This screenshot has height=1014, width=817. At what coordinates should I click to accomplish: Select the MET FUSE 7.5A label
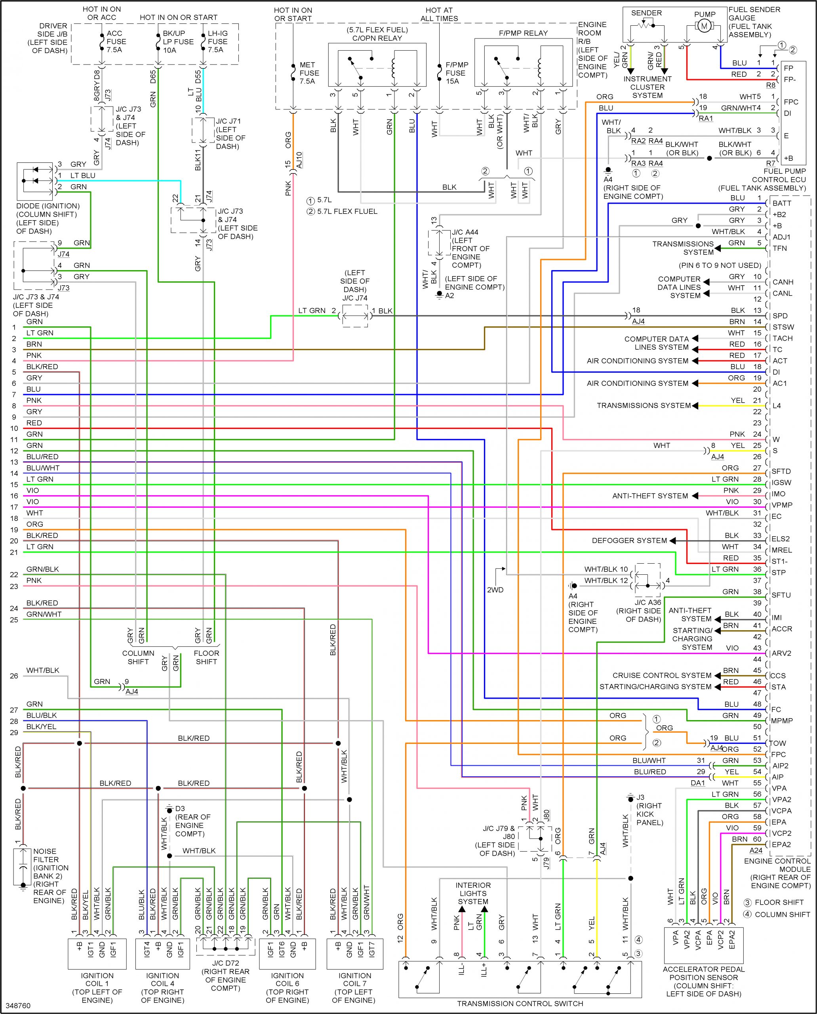[x=309, y=73]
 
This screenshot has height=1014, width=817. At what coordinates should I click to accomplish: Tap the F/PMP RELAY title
[x=523, y=33]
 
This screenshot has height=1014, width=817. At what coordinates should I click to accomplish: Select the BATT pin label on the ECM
[x=781, y=203]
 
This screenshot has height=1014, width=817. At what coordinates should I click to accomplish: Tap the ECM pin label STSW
[x=783, y=327]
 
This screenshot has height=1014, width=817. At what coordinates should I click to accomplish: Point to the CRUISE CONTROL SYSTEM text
[x=662, y=675]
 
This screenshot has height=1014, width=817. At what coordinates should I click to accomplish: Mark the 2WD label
[x=495, y=590]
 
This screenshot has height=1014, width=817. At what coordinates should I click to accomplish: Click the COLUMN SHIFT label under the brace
[x=138, y=657]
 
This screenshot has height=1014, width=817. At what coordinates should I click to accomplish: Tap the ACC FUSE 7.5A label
[x=116, y=42]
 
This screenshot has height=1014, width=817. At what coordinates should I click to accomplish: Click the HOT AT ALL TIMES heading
[x=439, y=14]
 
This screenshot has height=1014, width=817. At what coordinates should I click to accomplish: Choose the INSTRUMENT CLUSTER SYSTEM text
[x=647, y=87]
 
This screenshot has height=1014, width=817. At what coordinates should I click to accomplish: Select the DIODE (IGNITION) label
[x=48, y=206]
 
